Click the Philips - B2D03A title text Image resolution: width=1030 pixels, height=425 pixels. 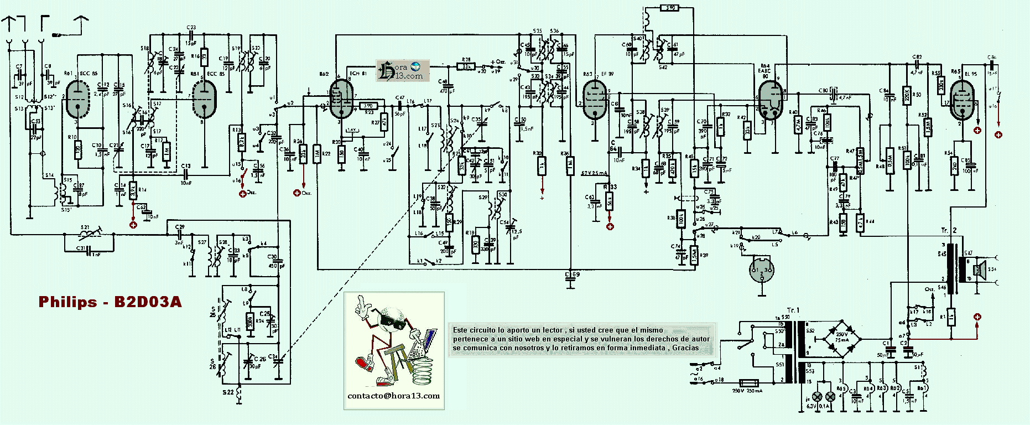click(x=110, y=302)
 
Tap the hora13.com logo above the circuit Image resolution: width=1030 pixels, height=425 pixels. click(x=402, y=71)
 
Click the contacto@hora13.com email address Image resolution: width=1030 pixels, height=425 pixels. click(x=393, y=396)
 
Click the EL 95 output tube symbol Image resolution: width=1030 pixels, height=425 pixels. click(x=962, y=100)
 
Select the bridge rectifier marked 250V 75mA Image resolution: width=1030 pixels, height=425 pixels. click(x=841, y=334)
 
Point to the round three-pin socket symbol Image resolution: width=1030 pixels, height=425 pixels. click(x=762, y=271)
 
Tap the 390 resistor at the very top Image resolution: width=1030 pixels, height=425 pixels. click(x=669, y=8)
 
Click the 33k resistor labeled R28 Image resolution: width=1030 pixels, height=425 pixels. click(x=466, y=66)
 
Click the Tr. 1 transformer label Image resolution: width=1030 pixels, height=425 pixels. click(x=793, y=310)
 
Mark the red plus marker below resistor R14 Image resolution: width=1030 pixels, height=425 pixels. click(x=133, y=225)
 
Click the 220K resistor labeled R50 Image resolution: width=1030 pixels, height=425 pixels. click(x=907, y=95)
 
